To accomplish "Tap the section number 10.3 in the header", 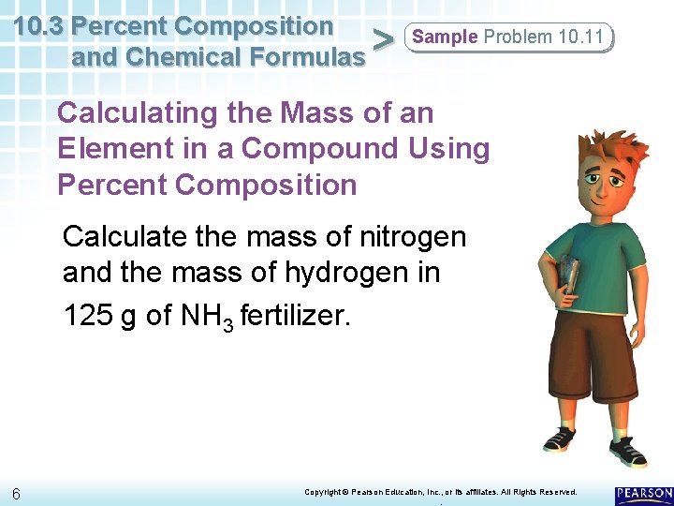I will [x=39, y=25].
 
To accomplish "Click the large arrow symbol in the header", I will [x=382, y=39].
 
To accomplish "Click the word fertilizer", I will [x=295, y=315].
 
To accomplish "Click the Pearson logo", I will [x=644, y=494].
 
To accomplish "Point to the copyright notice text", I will [x=441, y=492].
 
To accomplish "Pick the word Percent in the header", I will [x=121, y=25].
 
